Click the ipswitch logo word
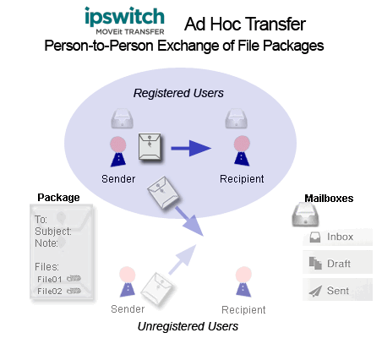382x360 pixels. [x=124, y=16]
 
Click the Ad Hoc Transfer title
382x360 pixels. [x=245, y=24]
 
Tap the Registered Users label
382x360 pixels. [x=178, y=93]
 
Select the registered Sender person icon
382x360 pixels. [x=118, y=151]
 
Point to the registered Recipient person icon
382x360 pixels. [x=242, y=150]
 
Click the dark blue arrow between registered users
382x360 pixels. [x=191, y=148]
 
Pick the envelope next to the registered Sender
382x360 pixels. [x=150, y=147]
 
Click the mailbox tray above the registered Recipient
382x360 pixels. [x=236, y=118]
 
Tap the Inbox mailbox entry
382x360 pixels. [x=337, y=237]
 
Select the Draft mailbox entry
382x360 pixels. [x=337, y=264]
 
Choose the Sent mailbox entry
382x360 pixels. [x=337, y=290]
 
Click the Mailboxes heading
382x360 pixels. [x=329, y=199]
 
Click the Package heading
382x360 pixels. [x=58, y=198]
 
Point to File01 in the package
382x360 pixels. [x=49, y=279]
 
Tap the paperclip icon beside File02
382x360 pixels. [x=74, y=291]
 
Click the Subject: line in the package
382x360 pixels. [x=53, y=232]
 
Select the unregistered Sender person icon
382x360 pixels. [x=128, y=281]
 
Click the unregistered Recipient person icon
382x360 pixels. [x=243, y=281]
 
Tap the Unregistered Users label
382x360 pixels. [x=188, y=326]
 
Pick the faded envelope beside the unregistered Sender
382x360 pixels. [x=157, y=288]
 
